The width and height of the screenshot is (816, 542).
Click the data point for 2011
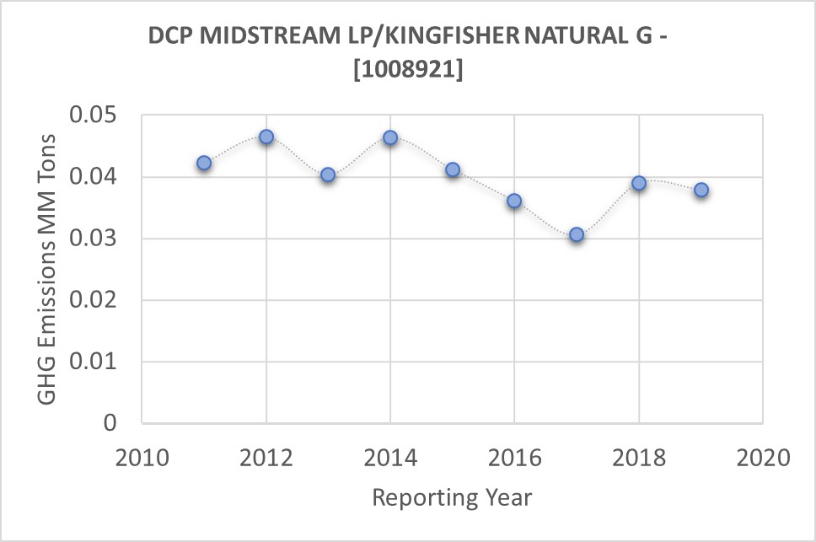[x=204, y=163]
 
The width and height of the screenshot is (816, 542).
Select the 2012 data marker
[x=266, y=137]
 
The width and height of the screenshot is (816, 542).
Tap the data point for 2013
[x=328, y=174]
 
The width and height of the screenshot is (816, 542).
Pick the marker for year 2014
[x=390, y=137]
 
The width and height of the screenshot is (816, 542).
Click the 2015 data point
[x=453, y=169]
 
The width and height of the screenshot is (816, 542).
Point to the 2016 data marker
[x=514, y=201]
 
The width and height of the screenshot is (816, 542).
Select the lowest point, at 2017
[x=577, y=234]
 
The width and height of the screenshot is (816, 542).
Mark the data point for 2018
[x=639, y=183]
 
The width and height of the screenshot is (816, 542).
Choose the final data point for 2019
[x=701, y=190]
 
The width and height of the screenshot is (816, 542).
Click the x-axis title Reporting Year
[x=452, y=497]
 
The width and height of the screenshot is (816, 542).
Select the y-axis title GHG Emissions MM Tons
[x=49, y=269]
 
